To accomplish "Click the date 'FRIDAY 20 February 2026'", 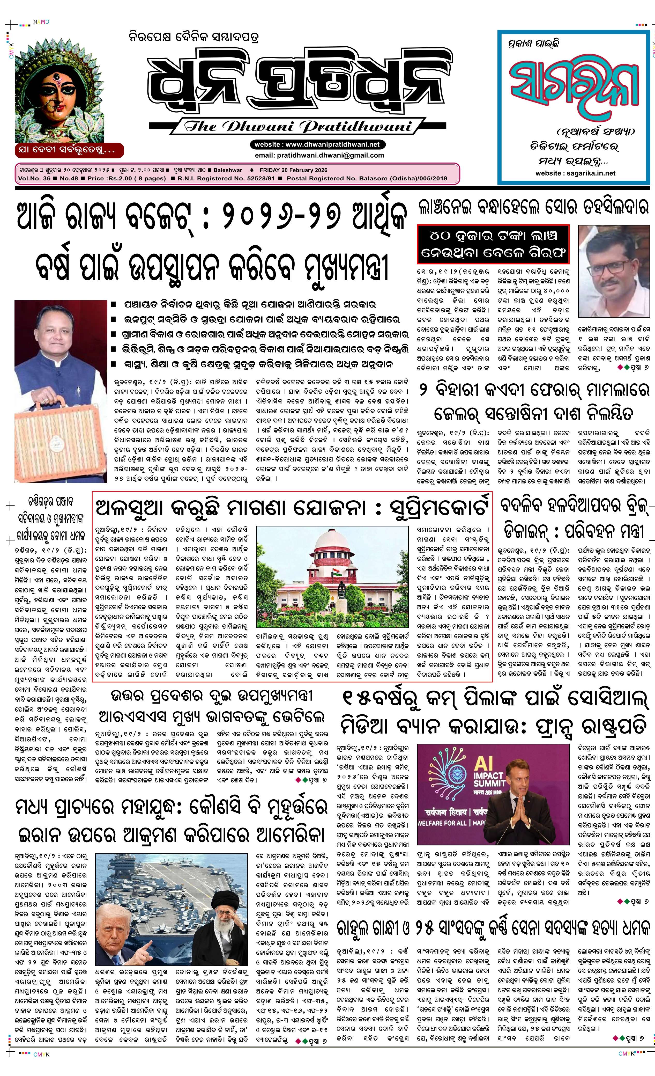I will click(x=293, y=170).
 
